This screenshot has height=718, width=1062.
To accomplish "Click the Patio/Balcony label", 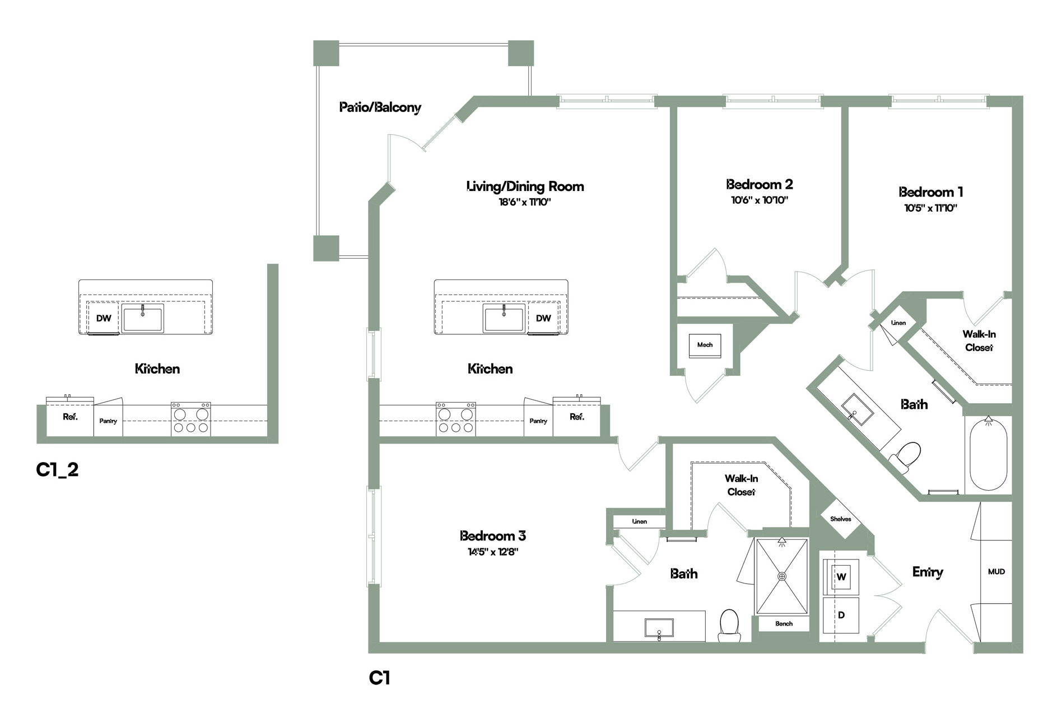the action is point(380,108).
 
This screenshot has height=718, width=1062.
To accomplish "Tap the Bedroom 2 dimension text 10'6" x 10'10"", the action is point(760,201).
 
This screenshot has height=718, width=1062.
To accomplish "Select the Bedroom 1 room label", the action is point(931,192).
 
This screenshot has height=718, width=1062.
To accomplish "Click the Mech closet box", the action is point(705,345).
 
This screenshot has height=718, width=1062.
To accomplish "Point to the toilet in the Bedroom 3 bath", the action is point(729,625).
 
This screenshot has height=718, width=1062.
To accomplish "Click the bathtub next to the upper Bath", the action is point(989,454).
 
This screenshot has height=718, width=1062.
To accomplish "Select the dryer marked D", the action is point(841,616).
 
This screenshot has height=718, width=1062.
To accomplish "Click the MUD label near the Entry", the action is point(996,572).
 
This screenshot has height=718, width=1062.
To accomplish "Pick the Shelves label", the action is point(841,519).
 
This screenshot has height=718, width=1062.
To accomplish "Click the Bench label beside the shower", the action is point(784,624).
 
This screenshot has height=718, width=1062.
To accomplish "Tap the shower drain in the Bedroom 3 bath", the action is point(782,576).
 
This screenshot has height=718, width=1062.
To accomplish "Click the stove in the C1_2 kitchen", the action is point(191,419).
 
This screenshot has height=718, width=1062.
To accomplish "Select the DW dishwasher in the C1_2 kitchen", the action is point(104,318).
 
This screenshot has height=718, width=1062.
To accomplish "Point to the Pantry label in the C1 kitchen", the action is point(538,421).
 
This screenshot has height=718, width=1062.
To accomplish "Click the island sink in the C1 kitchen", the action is point(504,318).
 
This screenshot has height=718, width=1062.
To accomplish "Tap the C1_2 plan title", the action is point(57,469).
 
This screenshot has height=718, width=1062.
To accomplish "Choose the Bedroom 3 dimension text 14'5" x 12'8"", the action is point(493,552).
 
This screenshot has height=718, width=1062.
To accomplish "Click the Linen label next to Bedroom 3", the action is point(640,521).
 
